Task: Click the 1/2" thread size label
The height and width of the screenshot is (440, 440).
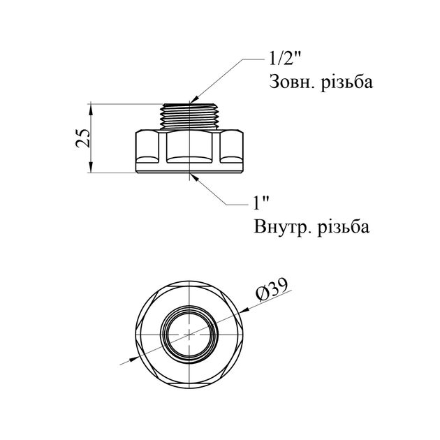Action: coord(285,59)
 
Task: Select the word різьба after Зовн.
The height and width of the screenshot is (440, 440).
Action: coord(347,82)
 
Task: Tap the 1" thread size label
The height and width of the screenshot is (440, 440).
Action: coord(261,203)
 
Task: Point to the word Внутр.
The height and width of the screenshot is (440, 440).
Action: coord(283,227)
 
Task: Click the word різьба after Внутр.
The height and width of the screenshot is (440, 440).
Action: coord(344,227)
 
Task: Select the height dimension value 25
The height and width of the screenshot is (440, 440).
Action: coord(83,138)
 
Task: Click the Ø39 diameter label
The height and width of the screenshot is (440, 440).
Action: coord(272,290)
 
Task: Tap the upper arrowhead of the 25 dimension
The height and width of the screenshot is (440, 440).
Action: coord(91,109)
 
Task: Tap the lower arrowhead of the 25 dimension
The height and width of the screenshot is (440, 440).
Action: coord(91,168)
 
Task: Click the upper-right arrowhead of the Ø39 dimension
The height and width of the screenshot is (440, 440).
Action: coord(244,310)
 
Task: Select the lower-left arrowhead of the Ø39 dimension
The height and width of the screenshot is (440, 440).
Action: coord(133,359)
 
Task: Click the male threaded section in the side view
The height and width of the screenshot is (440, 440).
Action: coord(190,117)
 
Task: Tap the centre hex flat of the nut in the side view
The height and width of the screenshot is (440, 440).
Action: coord(189,147)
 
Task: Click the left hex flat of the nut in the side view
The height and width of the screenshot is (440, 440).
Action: coord(148,147)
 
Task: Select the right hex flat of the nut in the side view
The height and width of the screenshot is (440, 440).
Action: coord(231,147)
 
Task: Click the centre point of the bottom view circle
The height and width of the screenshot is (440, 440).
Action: coord(189,335)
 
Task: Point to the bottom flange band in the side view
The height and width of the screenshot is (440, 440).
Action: coord(189,168)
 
